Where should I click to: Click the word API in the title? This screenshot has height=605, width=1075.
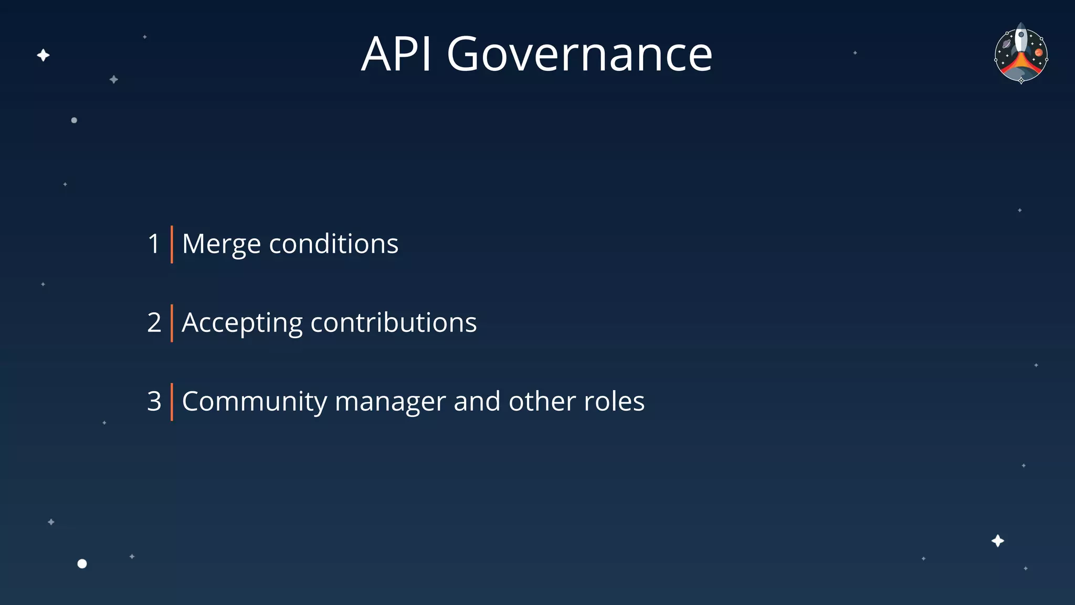[396, 54]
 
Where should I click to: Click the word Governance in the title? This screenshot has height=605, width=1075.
[579, 55]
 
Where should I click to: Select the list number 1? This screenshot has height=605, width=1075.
[154, 244]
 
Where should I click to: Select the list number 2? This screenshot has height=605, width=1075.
[154, 323]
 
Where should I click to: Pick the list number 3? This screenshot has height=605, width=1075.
[154, 402]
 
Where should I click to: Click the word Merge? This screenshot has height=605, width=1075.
[221, 245]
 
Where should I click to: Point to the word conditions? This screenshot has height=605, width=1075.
[333, 244]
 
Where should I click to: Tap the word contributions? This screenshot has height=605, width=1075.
[394, 323]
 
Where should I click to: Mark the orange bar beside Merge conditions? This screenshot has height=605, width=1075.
[172, 244]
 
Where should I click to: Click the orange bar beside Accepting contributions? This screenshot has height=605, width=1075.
[172, 323]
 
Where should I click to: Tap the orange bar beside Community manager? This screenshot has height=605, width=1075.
[172, 402]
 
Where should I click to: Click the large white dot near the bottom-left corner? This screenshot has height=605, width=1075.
[82, 564]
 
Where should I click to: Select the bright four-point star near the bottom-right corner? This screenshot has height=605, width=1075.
[997, 541]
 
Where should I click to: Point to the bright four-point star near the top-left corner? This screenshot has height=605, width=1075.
[43, 55]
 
